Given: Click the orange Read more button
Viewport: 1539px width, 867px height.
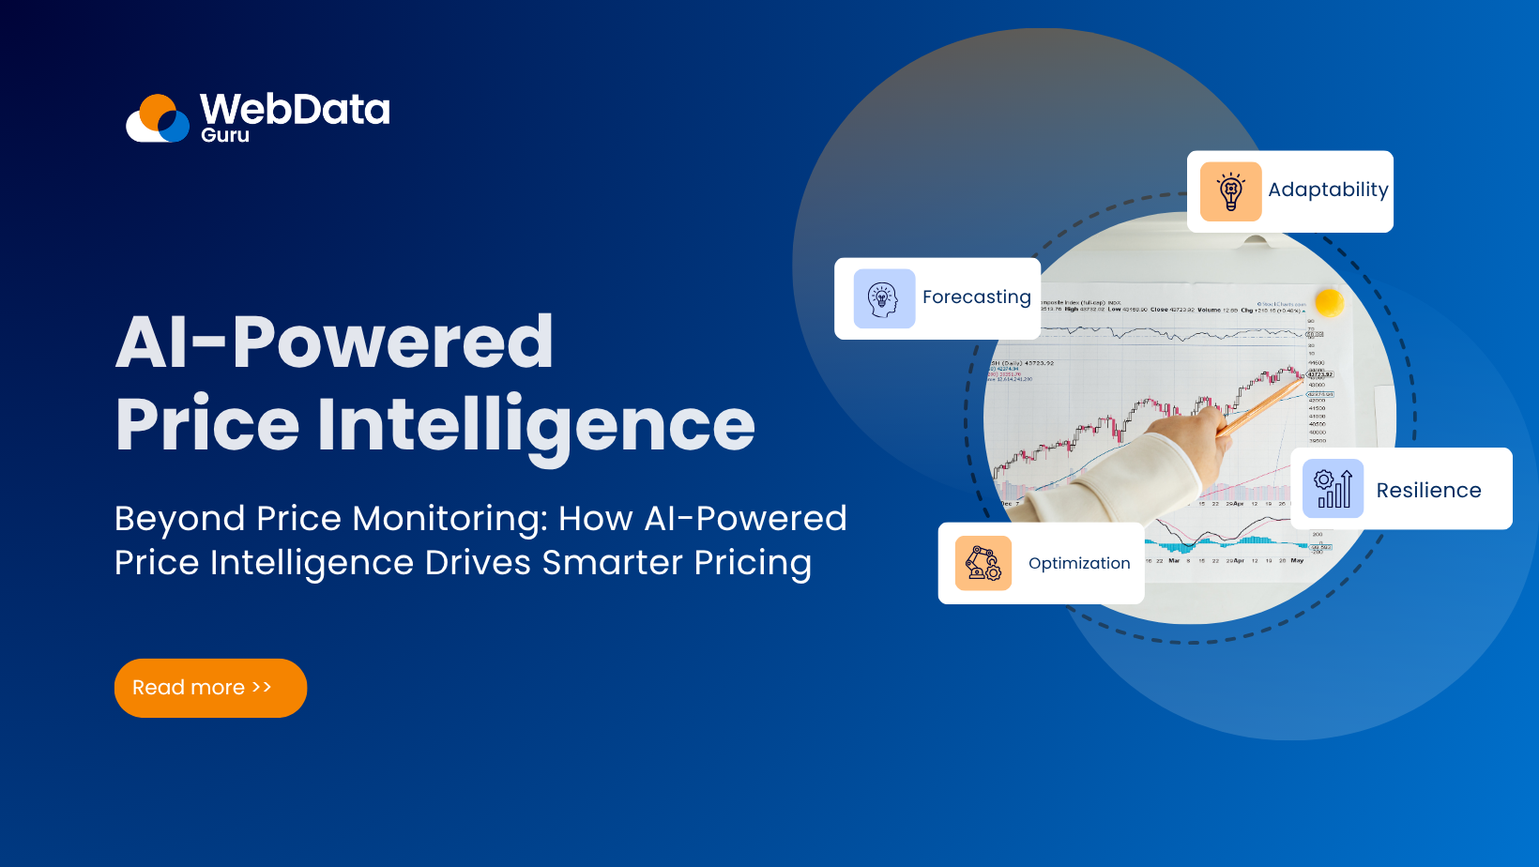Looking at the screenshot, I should point(210,688).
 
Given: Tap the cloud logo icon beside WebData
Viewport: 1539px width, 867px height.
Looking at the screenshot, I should point(158,119).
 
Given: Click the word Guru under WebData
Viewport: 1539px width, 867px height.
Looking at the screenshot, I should point(225,136).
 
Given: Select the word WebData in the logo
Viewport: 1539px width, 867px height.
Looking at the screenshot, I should point(295,109).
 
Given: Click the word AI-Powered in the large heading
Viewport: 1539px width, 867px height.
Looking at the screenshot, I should point(334,342).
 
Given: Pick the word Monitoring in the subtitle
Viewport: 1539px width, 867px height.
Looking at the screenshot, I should point(450,519).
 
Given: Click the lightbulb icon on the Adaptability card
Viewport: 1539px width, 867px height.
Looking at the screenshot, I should point(1230,191).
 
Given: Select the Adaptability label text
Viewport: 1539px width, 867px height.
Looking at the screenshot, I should point(1327,190).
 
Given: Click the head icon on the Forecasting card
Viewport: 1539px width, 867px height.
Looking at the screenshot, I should point(884,298).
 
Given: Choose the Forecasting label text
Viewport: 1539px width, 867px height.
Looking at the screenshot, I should point(976,297).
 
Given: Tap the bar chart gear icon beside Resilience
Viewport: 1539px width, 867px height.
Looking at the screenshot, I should point(1333,489).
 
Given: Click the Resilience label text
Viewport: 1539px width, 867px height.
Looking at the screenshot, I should point(1428,491).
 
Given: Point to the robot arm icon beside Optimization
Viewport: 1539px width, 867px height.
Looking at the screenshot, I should point(983,563).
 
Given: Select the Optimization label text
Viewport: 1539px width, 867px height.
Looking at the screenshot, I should point(1079,563).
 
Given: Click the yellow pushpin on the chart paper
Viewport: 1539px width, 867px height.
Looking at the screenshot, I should point(1329,302).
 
